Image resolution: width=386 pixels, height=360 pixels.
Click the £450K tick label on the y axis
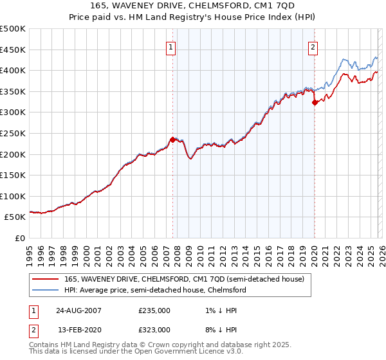(x=13, y=50)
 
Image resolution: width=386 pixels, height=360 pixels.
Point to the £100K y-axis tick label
(x=13, y=196)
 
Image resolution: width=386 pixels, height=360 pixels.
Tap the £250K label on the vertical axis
(x=13, y=133)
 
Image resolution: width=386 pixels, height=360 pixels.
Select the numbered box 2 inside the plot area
(x=313, y=47)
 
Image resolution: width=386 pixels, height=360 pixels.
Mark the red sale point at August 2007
(x=172, y=139)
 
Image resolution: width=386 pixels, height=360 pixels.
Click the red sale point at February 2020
(x=315, y=102)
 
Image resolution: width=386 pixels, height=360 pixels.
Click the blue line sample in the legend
(x=46, y=290)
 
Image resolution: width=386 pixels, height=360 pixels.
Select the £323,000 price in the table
(x=154, y=329)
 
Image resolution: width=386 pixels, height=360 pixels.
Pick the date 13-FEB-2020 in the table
(x=78, y=329)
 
